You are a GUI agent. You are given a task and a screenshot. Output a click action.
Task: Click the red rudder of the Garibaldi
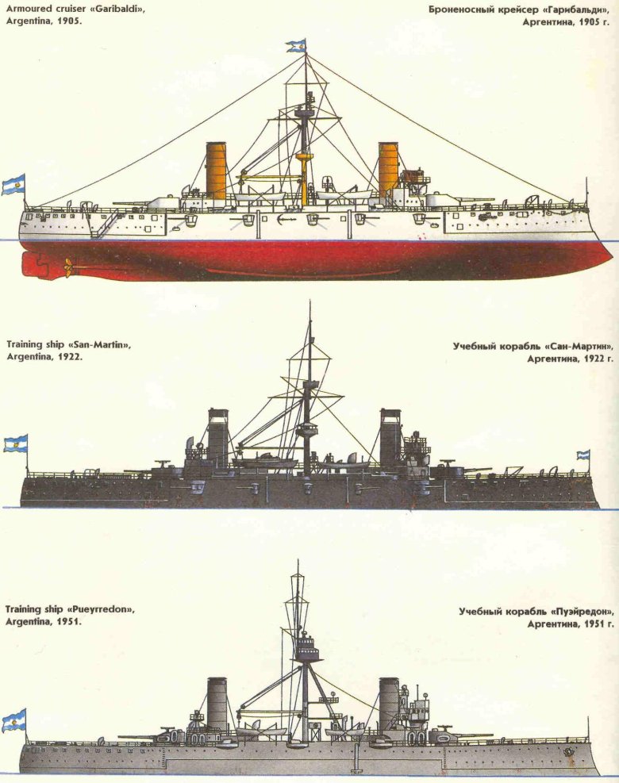[x=34, y=265]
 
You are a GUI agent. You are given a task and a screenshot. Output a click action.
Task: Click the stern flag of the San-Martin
[x=16, y=443]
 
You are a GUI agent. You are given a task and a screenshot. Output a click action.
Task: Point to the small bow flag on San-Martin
[x=583, y=455]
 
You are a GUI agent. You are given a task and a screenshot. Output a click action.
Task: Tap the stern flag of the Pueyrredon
[x=14, y=720]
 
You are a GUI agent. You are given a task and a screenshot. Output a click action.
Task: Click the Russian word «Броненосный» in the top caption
[x=457, y=10]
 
